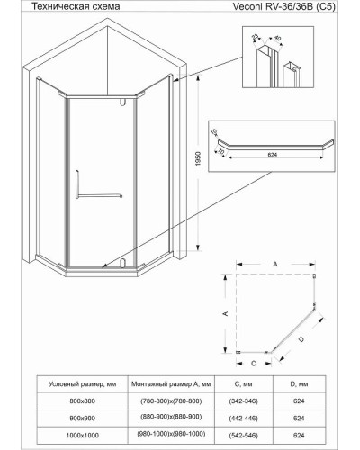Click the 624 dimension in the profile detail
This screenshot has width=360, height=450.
point(273,154)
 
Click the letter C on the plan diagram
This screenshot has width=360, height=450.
point(255,364)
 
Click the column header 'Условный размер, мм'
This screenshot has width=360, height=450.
point(77,382)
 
